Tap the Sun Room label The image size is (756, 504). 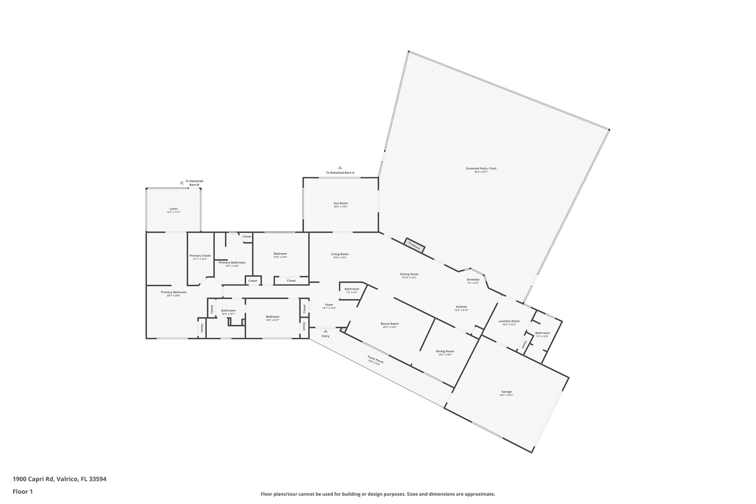(340, 203)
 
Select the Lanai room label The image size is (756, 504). (173, 209)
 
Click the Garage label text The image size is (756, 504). (506, 392)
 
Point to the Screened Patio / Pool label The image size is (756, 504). (481, 169)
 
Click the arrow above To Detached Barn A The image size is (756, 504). (340, 168)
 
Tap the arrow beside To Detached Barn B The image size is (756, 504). (181, 183)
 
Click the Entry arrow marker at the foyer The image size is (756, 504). (325, 331)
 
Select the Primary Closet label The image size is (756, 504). (200, 256)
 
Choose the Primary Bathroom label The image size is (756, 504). (232, 263)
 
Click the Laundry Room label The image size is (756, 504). (509, 321)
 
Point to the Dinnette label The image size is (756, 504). (473, 280)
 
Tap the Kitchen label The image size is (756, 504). (461, 307)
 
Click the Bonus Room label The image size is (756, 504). (390, 324)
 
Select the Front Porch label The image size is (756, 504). (375, 360)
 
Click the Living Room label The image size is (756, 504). (340, 254)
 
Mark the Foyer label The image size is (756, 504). (329, 305)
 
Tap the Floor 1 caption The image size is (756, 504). (23, 492)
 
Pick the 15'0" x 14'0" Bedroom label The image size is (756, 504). (280, 254)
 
